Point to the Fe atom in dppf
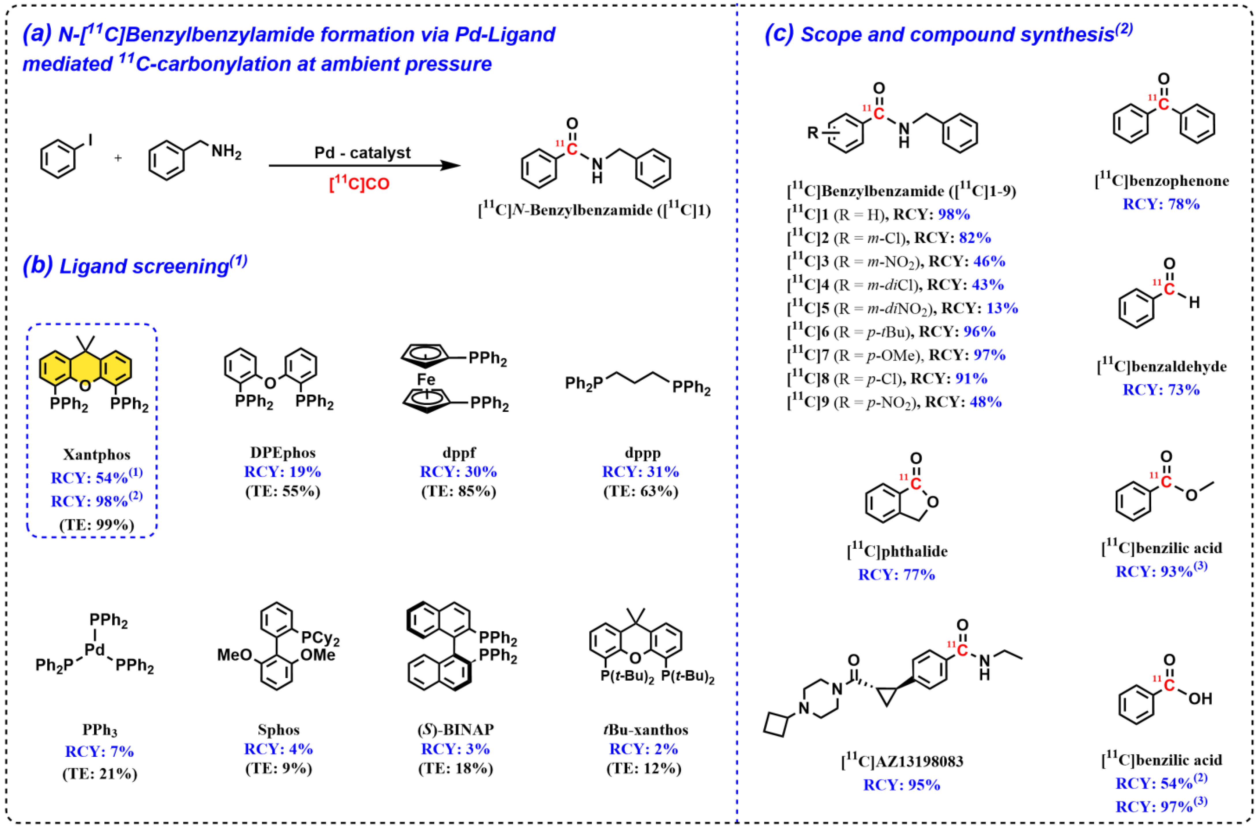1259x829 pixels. pyautogui.click(x=426, y=379)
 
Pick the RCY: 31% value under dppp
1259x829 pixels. pyautogui.click(x=641, y=471)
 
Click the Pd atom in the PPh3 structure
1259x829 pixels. pyautogui.click(x=95, y=650)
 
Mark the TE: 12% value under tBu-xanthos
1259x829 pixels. pyautogui.click(x=644, y=768)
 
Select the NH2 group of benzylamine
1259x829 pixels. pyautogui.click(x=226, y=152)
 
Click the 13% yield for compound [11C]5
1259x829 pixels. pyautogui.click(x=1002, y=308)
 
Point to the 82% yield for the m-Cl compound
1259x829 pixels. pyautogui.click(x=975, y=238)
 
